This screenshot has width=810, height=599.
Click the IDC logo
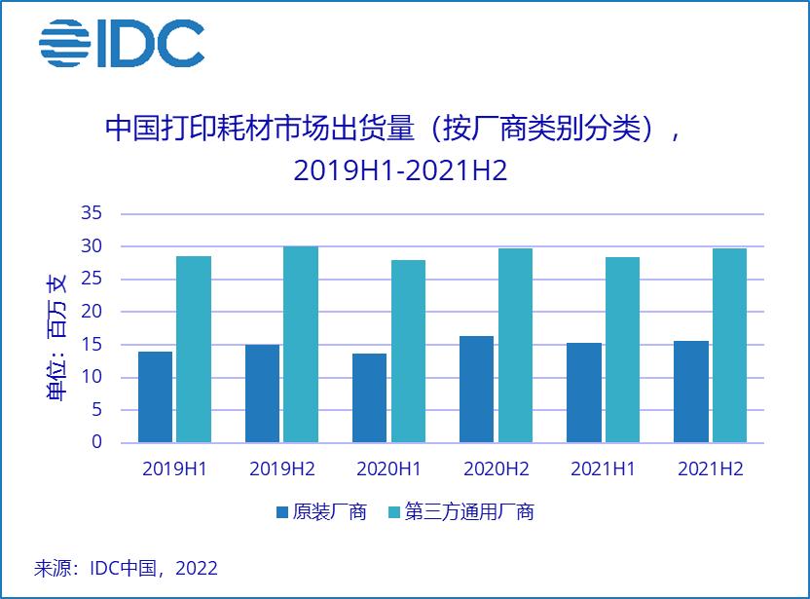122,43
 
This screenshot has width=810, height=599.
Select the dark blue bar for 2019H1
156,396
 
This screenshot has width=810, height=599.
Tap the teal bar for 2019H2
300,345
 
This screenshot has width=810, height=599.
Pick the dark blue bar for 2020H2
477,390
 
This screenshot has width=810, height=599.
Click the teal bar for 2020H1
407,352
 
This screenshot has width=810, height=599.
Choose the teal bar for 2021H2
728,346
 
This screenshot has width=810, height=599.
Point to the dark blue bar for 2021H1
584,393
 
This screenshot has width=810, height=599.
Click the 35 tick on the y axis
92,213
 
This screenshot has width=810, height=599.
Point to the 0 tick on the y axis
96,442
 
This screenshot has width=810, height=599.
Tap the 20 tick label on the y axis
92,312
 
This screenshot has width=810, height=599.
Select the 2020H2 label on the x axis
496,469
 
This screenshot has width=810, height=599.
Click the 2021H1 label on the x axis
603,469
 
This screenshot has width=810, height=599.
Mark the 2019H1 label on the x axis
174,469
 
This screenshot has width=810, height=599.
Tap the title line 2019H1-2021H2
400,170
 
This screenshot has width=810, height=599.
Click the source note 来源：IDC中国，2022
126,568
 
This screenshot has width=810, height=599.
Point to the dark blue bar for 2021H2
691,392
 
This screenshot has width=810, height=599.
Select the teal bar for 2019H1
194,350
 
